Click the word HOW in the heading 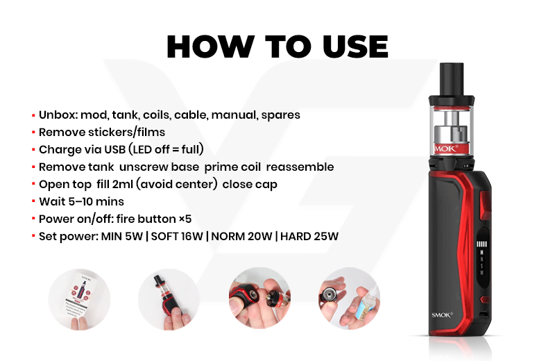[210, 47]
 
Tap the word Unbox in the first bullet [58, 115]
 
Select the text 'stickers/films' [126, 132]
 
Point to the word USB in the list [114, 149]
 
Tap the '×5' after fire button [185, 219]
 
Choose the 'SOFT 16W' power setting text [177, 236]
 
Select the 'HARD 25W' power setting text [309, 236]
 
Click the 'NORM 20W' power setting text [241, 236]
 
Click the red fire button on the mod [485, 205]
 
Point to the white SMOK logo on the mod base [442, 315]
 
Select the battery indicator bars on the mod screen [481, 244]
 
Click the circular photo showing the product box [79, 299]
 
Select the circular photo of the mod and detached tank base [259, 299]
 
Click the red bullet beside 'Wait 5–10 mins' [33, 201]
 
